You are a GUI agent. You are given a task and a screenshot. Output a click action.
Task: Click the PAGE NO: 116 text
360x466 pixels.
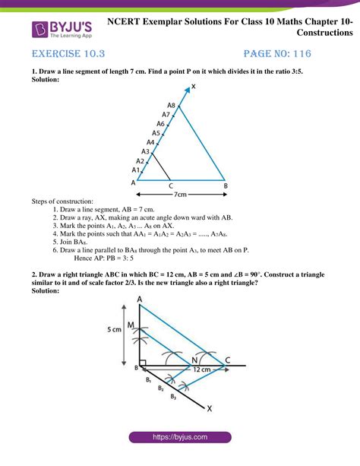278,55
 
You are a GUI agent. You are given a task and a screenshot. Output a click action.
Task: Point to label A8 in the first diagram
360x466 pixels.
172,106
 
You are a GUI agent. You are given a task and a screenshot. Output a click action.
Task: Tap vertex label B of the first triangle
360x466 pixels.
224,184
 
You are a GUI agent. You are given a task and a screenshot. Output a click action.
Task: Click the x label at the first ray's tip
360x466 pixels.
193,87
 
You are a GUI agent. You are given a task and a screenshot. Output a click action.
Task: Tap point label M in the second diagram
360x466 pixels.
131,325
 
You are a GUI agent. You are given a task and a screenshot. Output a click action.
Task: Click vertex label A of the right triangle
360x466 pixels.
140,300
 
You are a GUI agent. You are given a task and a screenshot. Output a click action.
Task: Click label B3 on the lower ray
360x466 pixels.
172,395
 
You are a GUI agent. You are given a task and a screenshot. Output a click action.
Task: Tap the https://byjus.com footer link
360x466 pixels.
179,438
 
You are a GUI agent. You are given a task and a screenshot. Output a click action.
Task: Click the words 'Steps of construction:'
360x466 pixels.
62,201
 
